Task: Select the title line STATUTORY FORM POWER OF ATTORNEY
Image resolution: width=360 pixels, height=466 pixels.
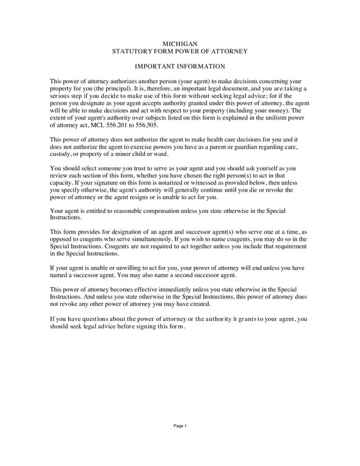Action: (x=180, y=52)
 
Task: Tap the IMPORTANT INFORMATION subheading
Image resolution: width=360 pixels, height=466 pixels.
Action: (x=180, y=67)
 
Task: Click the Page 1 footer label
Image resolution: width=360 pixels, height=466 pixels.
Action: (x=180, y=426)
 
